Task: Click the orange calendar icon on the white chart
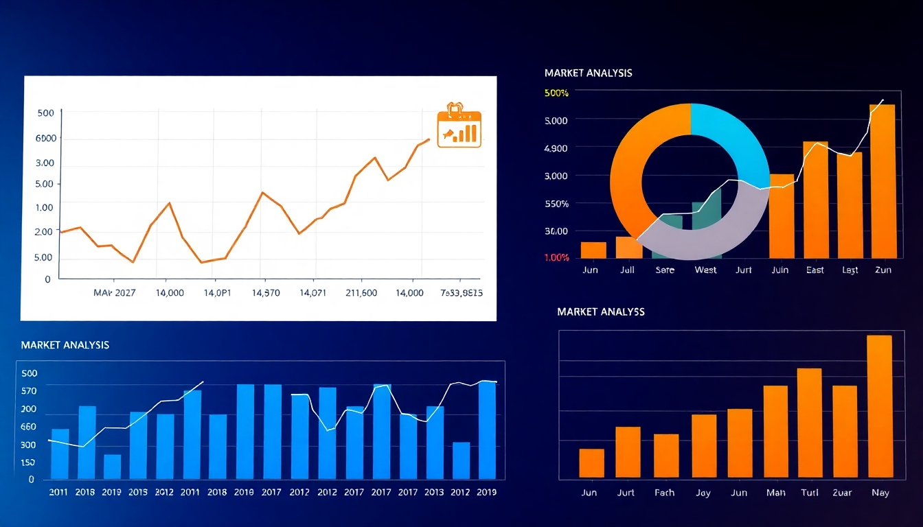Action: click(x=459, y=126)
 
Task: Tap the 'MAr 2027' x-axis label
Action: click(x=115, y=293)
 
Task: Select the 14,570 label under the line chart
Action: click(x=266, y=293)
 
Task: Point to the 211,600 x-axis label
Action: click(x=361, y=293)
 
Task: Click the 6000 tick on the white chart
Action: click(x=45, y=138)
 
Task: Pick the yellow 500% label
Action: click(x=556, y=93)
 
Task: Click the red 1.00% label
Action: click(x=556, y=257)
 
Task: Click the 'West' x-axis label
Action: click(x=705, y=270)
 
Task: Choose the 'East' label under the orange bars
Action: click(x=815, y=270)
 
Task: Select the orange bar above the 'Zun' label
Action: click(x=882, y=181)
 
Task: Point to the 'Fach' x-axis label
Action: click(x=664, y=493)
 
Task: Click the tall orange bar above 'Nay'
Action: click(x=879, y=406)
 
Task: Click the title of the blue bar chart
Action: click(x=65, y=344)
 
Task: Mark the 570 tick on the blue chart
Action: click(x=29, y=390)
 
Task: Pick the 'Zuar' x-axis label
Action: click(x=842, y=493)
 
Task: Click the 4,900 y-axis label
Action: click(x=556, y=148)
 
